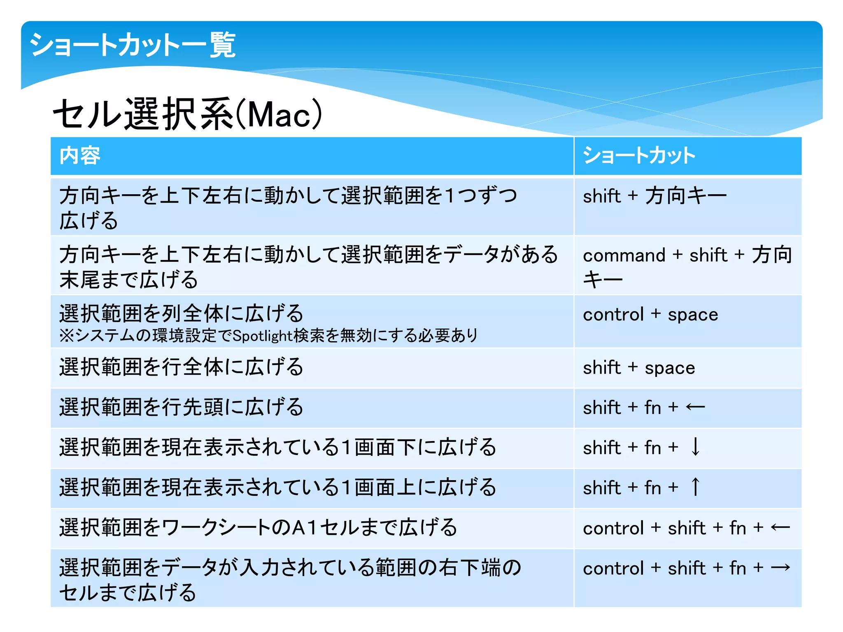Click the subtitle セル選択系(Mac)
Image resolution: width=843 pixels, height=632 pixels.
pos(187,114)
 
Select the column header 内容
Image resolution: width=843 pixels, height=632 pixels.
pos(80,156)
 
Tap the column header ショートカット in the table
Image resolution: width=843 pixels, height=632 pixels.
pos(639,156)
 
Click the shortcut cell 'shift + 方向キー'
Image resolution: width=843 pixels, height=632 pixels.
pos(654,196)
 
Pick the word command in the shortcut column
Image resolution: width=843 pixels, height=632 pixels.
pos(624,256)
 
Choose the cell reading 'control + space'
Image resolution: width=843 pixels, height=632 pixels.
pos(650,315)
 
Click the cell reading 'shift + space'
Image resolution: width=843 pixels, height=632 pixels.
pos(639,367)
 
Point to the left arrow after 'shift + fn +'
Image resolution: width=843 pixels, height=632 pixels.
pos(695,407)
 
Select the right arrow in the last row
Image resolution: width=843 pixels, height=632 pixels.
pos(780,568)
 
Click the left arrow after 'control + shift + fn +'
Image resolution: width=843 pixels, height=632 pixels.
pos(780,528)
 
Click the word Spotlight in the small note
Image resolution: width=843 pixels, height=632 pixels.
pos(262,336)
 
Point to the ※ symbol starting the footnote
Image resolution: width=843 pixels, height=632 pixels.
pos(66,336)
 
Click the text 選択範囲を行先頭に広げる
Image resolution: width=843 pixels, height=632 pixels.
pos(181,407)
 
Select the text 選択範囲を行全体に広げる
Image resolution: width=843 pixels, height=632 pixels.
pos(181,367)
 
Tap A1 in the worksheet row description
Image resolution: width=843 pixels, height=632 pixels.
pos(304,528)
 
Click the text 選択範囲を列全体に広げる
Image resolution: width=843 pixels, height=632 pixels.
pos(181,314)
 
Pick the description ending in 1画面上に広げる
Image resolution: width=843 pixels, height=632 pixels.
pos(277,488)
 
